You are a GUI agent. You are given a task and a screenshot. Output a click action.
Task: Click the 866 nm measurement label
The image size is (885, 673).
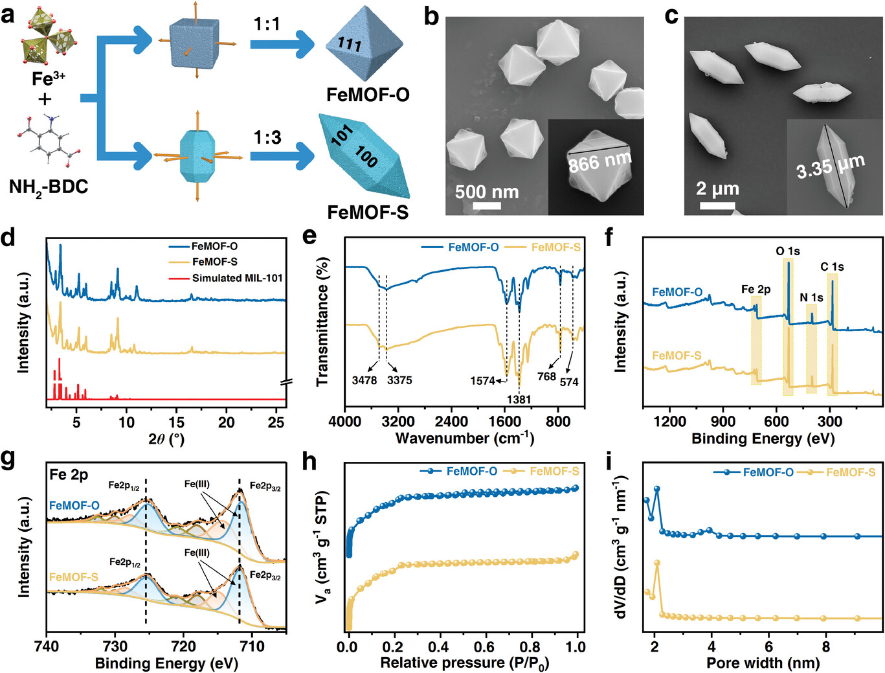[x=599, y=161]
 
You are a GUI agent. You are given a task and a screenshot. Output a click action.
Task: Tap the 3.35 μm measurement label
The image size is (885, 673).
[x=830, y=167]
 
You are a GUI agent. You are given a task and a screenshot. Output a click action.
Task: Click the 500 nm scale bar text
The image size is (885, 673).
[x=486, y=192]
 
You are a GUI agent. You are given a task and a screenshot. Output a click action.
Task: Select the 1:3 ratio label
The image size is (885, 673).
[x=267, y=137]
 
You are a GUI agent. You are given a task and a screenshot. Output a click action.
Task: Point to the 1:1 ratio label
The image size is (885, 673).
[x=267, y=25]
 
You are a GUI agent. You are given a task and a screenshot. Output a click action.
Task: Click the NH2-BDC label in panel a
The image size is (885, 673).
[x=49, y=188]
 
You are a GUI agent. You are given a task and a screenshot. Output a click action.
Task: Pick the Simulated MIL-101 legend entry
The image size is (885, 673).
[x=237, y=278]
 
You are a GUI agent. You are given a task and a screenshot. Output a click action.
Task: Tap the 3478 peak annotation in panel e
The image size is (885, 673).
[x=364, y=380]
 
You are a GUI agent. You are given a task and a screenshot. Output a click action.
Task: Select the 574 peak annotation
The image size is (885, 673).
[x=569, y=382]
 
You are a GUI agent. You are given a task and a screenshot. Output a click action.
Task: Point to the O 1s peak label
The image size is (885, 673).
[x=788, y=251]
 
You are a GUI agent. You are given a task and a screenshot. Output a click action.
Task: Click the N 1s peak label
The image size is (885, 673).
[x=811, y=297]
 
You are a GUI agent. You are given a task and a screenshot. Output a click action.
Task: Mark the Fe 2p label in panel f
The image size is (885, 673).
[x=756, y=290]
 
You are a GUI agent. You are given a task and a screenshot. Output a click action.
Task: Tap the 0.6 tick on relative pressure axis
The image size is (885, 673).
[x=484, y=646]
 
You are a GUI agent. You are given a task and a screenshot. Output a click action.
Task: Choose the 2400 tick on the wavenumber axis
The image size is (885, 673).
[x=451, y=422]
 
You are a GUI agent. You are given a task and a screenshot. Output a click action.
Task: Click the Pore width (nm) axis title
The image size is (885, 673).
[x=763, y=663]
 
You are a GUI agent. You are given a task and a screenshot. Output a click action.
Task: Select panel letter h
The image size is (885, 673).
[x=310, y=461]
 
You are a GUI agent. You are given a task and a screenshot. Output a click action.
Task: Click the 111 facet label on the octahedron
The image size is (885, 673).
[x=350, y=44]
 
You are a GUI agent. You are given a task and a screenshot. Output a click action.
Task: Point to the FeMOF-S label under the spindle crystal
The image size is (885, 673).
[x=368, y=212]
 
